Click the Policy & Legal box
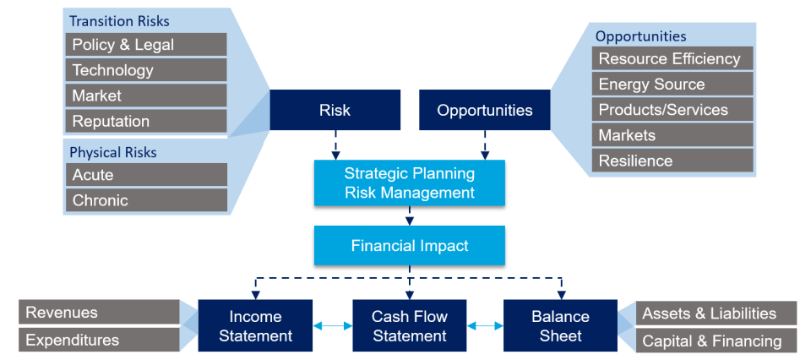(146, 45)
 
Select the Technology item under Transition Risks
(146, 70)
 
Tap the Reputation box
(146, 121)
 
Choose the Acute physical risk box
(146, 175)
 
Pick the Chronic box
(146, 200)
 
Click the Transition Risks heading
(119, 21)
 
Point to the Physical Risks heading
(113, 153)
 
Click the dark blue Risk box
(335, 111)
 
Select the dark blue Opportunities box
(485, 111)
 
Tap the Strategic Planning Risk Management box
(410, 183)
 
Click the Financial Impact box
(410, 246)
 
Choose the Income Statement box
(255, 325)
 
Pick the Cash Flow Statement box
(410, 325)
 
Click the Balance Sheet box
(560, 325)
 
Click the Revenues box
(100, 313)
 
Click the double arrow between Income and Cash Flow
(332, 325)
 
